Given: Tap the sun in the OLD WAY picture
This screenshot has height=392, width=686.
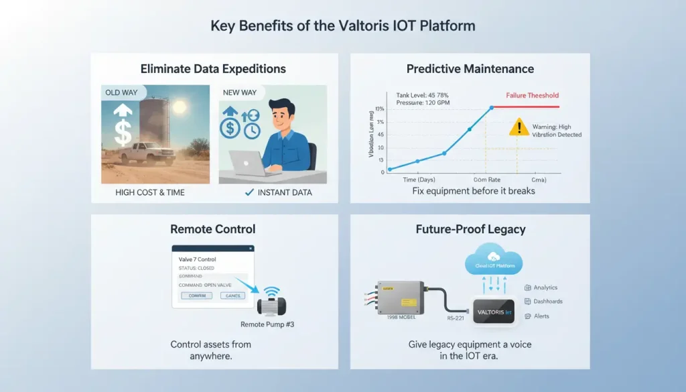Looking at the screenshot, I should point(180,107).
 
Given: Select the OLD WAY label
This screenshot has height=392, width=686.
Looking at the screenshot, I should point(121,92).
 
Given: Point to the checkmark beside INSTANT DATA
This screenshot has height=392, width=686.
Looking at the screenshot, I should point(250,193).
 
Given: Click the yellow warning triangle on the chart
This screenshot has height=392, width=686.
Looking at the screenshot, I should point(518,127).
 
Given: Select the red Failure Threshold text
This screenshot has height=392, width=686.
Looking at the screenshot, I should point(533,96).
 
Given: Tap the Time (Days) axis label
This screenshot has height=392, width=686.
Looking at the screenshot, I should point(419,180).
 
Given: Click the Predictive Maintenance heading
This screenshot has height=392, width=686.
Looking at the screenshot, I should point(470,69).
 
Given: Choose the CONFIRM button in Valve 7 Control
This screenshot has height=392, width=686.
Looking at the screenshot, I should point(197,295).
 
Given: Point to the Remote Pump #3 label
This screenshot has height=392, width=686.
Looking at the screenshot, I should point(267,324).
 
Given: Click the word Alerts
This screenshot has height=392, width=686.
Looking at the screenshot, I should point(541,316).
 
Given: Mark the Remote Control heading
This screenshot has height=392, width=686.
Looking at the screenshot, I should point(212,230).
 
